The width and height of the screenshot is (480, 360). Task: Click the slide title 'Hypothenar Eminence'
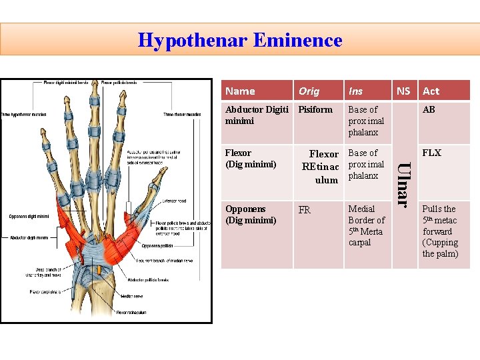(x=240, y=40)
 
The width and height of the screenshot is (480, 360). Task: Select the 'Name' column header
(x=240, y=91)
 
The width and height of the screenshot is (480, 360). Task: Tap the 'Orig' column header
(x=309, y=91)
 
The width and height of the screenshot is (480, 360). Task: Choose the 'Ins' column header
(x=356, y=91)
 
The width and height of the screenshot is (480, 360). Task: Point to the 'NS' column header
(x=403, y=91)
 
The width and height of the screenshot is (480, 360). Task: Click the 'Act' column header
(x=431, y=91)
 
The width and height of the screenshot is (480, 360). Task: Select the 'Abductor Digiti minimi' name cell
(x=257, y=115)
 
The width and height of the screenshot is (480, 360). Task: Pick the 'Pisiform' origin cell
(x=315, y=110)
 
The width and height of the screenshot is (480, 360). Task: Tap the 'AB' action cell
(x=429, y=110)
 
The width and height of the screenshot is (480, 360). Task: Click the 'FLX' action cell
(x=431, y=153)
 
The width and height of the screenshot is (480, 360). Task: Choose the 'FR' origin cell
(x=305, y=211)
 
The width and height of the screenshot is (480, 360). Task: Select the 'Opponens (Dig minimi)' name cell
(x=251, y=215)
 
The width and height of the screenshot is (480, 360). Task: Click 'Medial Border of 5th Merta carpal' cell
(x=367, y=225)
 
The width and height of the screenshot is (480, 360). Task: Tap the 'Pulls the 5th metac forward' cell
(x=440, y=231)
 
